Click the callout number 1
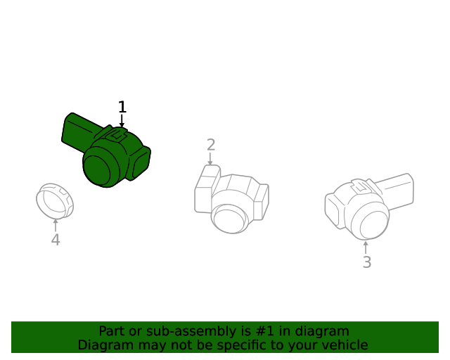click(x=122, y=107)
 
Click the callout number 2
click(x=211, y=145)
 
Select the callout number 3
click(x=366, y=263)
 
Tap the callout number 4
click(x=56, y=240)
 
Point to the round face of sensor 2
click(x=229, y=218)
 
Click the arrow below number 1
click(x=122, y=122)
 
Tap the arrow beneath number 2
click(x=210, y=159)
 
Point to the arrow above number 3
click(x=366, y=247)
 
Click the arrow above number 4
click(x=56, y=225)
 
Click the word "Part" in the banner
click(x=111, y=330)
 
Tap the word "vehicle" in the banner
click(x=344, y=345)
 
